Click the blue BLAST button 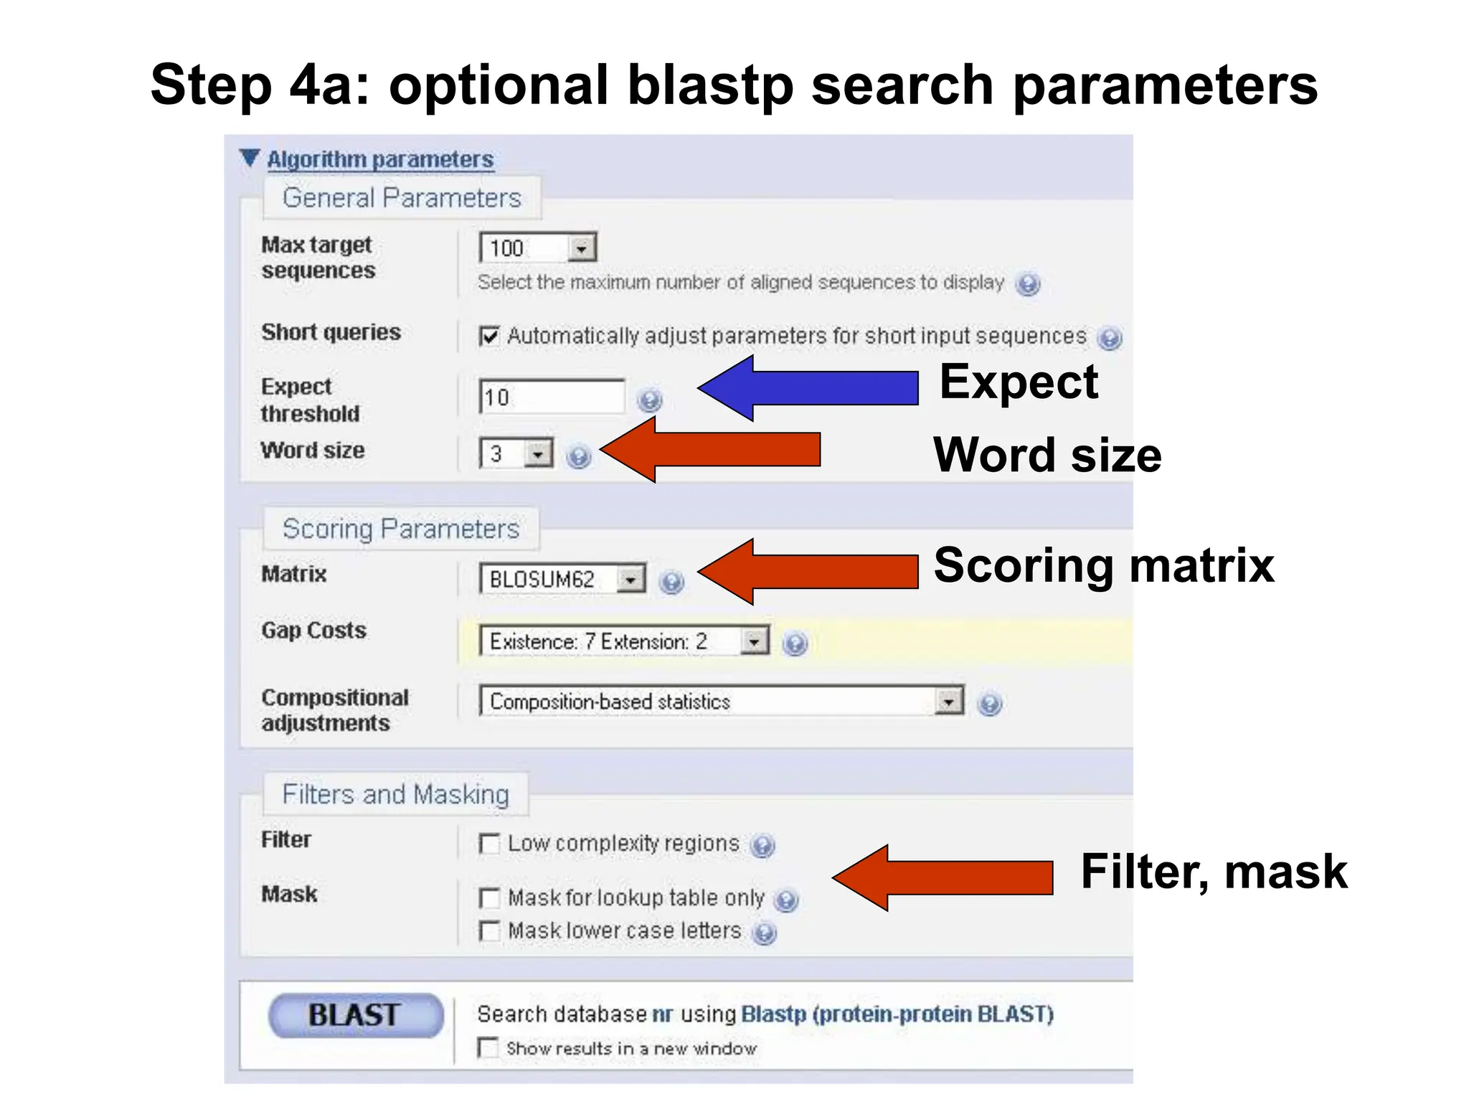click(356, 1015)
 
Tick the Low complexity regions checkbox click(489, 844)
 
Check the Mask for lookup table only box click(489, 898)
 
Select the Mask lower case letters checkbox click(489, 931)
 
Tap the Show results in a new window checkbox click(488, 1047)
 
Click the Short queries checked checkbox click(489, 336)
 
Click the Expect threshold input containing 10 click(552, 397)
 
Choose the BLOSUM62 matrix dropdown click(562, 579)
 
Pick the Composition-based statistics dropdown click(722, 702)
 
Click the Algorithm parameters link click(380, 159)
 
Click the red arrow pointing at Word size click(710, 450)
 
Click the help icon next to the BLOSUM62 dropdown click(671, 582)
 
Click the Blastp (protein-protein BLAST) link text click(897, 1014)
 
